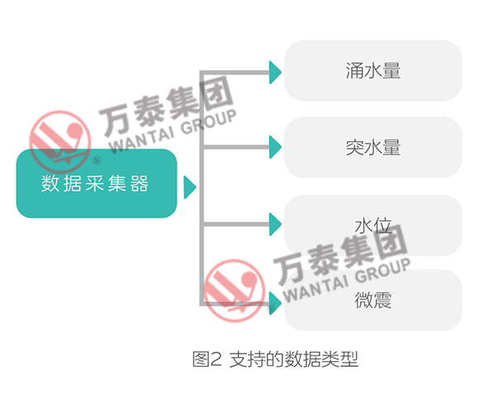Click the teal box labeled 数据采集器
point(97,183)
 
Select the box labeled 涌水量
point(373,70)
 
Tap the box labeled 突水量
point(373,147)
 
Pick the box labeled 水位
point(373,226)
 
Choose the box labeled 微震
point(373,300)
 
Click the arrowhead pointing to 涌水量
point(275,73)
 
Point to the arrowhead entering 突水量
point(275,147)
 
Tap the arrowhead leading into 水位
point(275,224)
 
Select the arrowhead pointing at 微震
point(275,303)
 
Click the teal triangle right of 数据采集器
point(190,188)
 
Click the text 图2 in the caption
point(207,359)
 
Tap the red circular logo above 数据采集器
point(60,141)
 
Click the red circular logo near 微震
point(235,291)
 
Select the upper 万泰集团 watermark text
point(167,104)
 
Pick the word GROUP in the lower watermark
point(383,270)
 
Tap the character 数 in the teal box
point(50,183)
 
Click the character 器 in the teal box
point(140,183)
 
